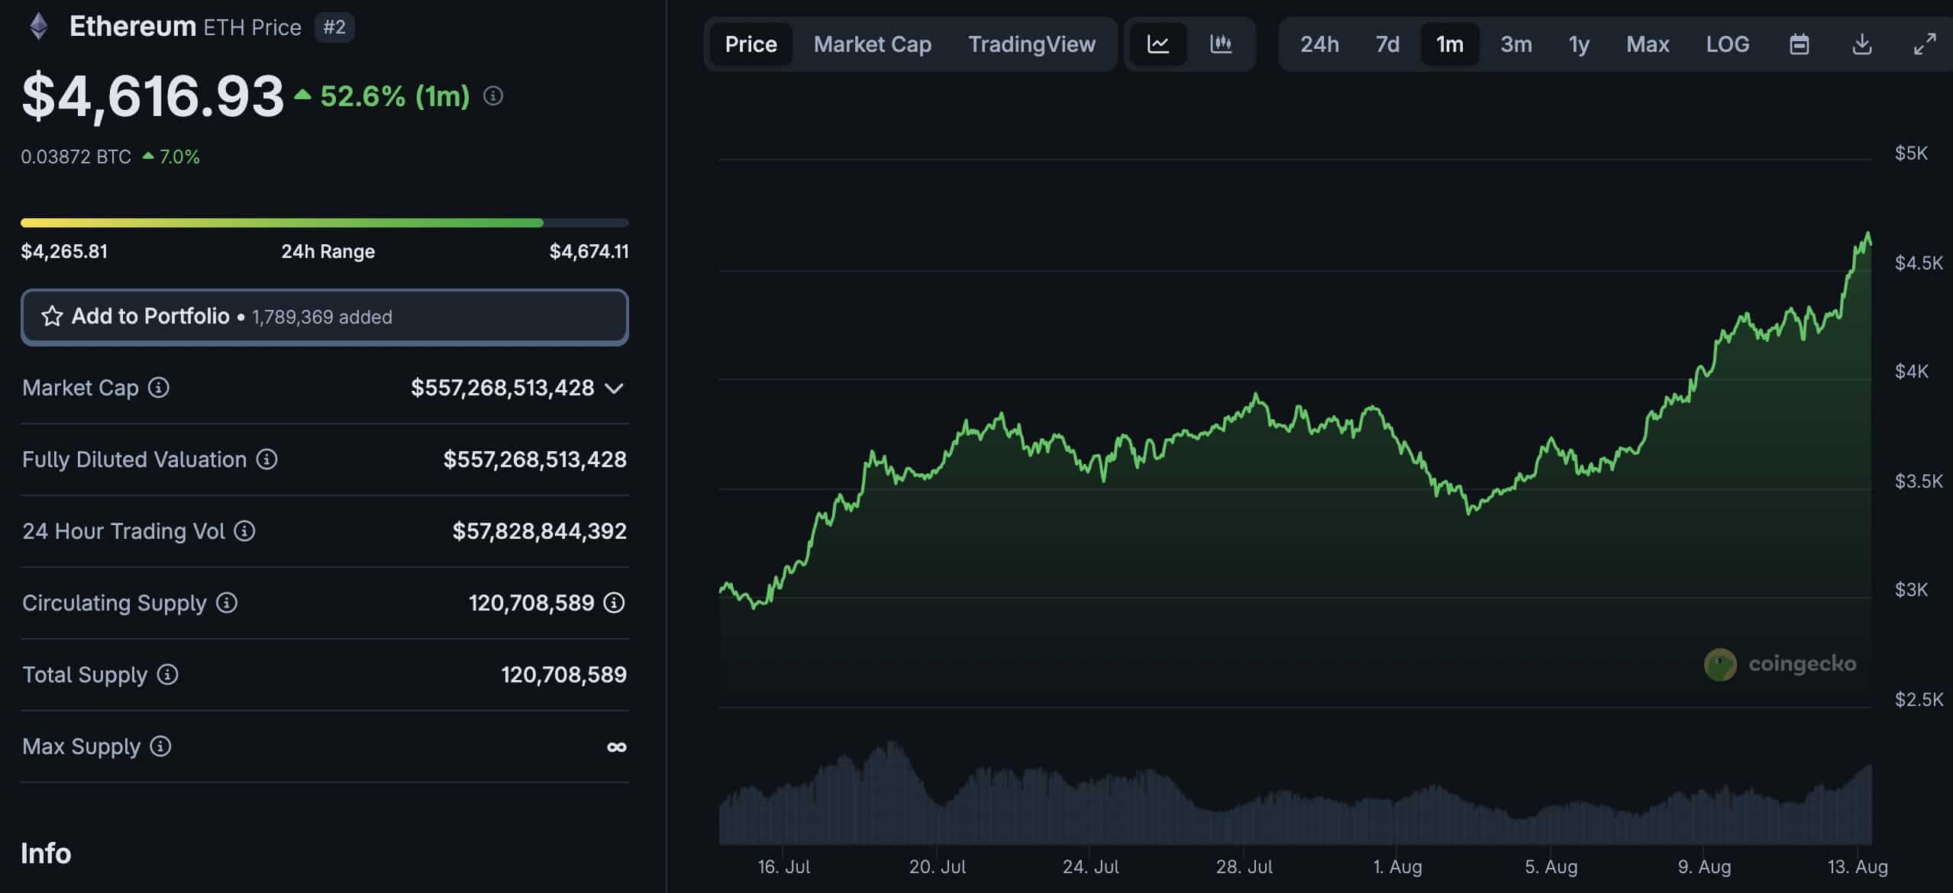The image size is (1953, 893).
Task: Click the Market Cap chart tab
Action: [x=872, y=44]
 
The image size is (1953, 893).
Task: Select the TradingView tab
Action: [x=1031, y=44]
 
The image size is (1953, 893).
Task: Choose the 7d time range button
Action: [x=1387, y=44]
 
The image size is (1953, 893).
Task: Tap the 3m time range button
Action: [x=1516, y=44]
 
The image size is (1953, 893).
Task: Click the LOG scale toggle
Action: [x=1727, y=44]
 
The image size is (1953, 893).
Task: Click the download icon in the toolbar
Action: [x=1862, y=44]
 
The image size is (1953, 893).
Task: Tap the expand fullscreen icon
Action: [x=1924, y=44]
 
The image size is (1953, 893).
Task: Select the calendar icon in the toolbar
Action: [x=1799, y=44]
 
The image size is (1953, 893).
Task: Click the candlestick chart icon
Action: [x=1221, y=44]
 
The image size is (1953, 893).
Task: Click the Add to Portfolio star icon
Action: [x=52, y=316]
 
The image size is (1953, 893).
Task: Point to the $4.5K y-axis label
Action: [x=1918, y=263]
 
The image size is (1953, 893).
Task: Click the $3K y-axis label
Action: [x=1911, y=589]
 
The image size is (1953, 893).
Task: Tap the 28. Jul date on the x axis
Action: [x=1244, y=867]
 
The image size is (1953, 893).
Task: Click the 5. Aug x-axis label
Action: [x=1551, y=867]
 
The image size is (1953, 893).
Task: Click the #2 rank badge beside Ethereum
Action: [x=334, y=27]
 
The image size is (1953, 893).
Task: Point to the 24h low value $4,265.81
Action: [x=64, y=251]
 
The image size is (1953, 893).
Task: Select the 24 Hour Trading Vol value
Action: [x=539, y=531]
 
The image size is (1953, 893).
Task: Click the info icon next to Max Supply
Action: [x=160, y=746]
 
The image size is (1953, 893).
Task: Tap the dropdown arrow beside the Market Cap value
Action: [x=614, y=388]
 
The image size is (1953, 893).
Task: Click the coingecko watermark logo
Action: [x=1721, y=664]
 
